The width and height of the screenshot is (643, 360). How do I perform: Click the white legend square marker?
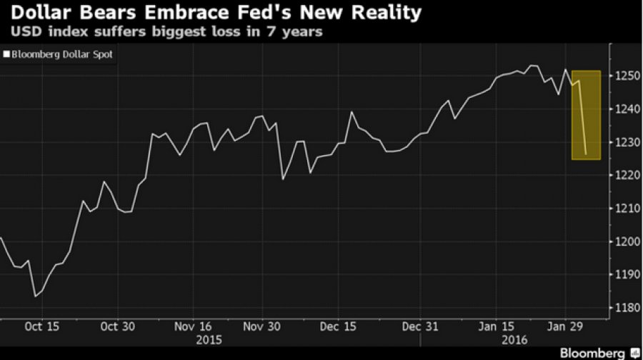tap(6, 54)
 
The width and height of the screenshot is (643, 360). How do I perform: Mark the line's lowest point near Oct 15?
tap(34, 296)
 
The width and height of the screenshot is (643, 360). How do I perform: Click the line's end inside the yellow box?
tap(586, 154)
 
